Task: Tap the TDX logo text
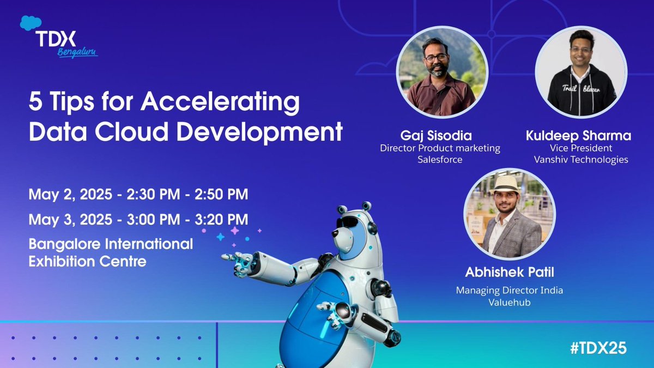[57, 39]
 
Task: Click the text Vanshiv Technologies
[581, 160]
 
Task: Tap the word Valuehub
[509, 302]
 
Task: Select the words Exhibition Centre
[87, 261]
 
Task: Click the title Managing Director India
[509, 291]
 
